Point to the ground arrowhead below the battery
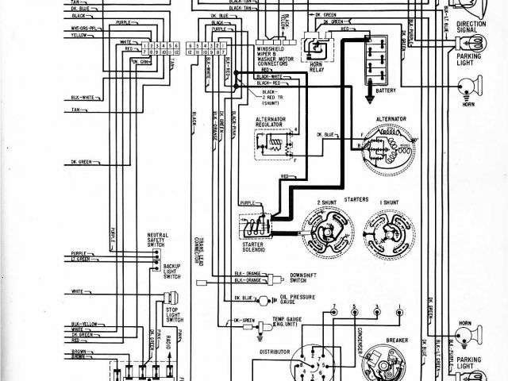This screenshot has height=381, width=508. (x=371, y=98)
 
